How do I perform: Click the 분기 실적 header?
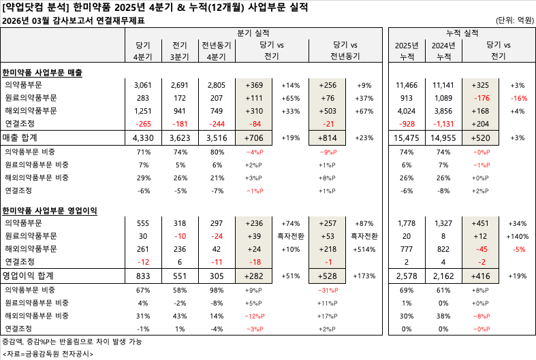click(253, 33)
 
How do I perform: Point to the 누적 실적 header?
click(460, 33)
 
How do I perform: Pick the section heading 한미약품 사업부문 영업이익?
click(50, 210)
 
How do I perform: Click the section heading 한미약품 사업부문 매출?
click(42, 72)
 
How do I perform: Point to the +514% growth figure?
click(364, 249)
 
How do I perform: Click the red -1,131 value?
click(443, 124)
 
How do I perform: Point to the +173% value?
click(364, 276)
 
